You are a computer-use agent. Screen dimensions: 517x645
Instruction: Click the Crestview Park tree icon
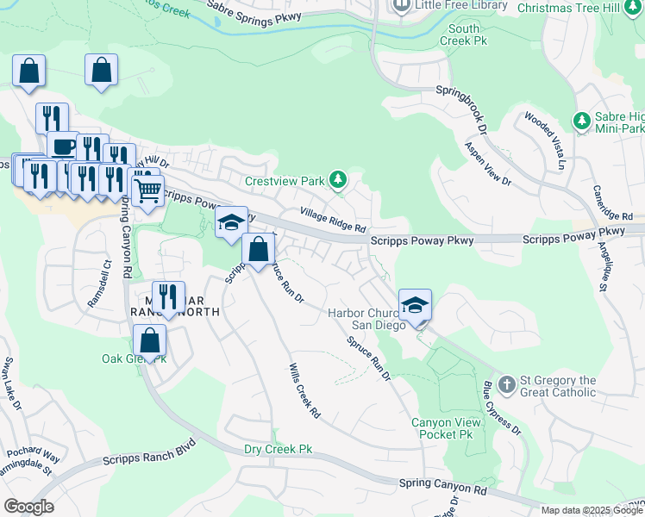coord(339,179)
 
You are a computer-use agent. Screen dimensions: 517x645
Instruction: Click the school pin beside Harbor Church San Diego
coord(415,306)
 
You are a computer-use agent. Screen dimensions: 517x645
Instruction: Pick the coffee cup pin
coord(62,147)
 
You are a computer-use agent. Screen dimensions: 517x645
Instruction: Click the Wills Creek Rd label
coord(304,390)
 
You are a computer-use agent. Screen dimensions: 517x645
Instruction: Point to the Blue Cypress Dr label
coord(501,409)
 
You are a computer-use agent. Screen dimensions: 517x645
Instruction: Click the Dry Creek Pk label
coord(278,449)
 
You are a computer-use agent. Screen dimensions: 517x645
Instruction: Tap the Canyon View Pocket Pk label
coord(442,429)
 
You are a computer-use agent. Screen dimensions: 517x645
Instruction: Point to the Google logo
coord(28,507)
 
